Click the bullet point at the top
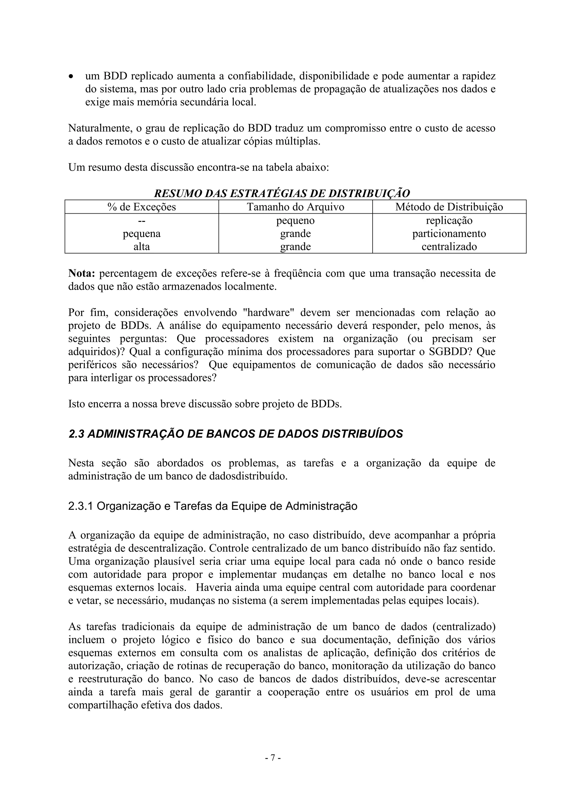71,76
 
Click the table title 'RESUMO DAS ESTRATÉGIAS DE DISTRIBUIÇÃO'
282,193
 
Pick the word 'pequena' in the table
142,234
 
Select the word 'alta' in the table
142,247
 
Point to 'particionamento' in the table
449,234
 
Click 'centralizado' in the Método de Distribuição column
449,247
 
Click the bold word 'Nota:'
82,274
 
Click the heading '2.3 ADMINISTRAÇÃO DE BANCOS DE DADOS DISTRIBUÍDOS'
236,434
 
